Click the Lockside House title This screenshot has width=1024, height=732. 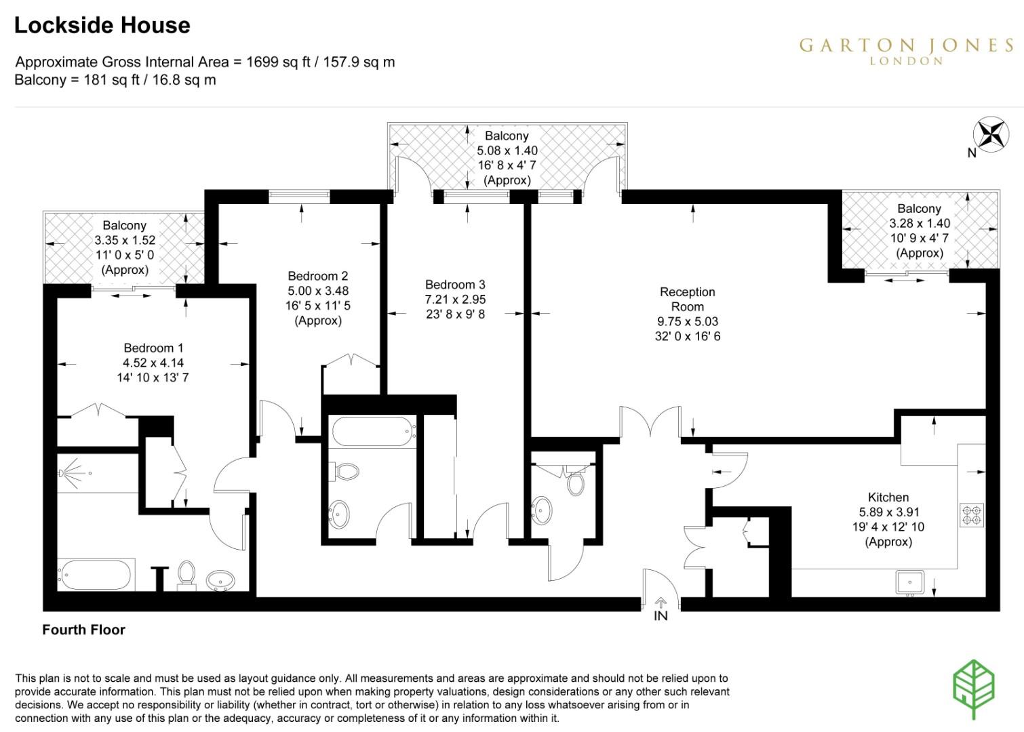102,26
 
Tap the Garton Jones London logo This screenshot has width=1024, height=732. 906,50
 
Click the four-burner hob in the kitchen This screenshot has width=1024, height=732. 971,515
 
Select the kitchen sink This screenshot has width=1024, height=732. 909,582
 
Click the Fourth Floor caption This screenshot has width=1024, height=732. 83,630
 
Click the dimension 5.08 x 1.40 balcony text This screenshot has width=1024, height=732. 507,151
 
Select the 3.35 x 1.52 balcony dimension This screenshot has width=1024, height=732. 125,240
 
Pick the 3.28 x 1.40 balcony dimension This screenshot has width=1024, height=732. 920,223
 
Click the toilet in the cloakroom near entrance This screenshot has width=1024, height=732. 576,483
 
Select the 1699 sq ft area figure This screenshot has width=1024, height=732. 278,62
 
